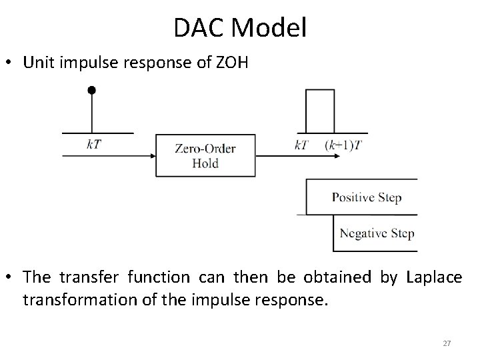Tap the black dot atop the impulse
[x=91, y=89]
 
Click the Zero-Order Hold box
[x=205, y=155]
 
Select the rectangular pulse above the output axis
[x=319, y=111]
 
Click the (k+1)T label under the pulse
[x=344, y=145]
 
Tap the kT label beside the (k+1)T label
[x=301, y=145]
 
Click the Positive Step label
[x=367, y=198]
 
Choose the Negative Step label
[x=377, y=233]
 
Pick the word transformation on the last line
[x=80, y=299]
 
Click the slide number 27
[x=447, y=343]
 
